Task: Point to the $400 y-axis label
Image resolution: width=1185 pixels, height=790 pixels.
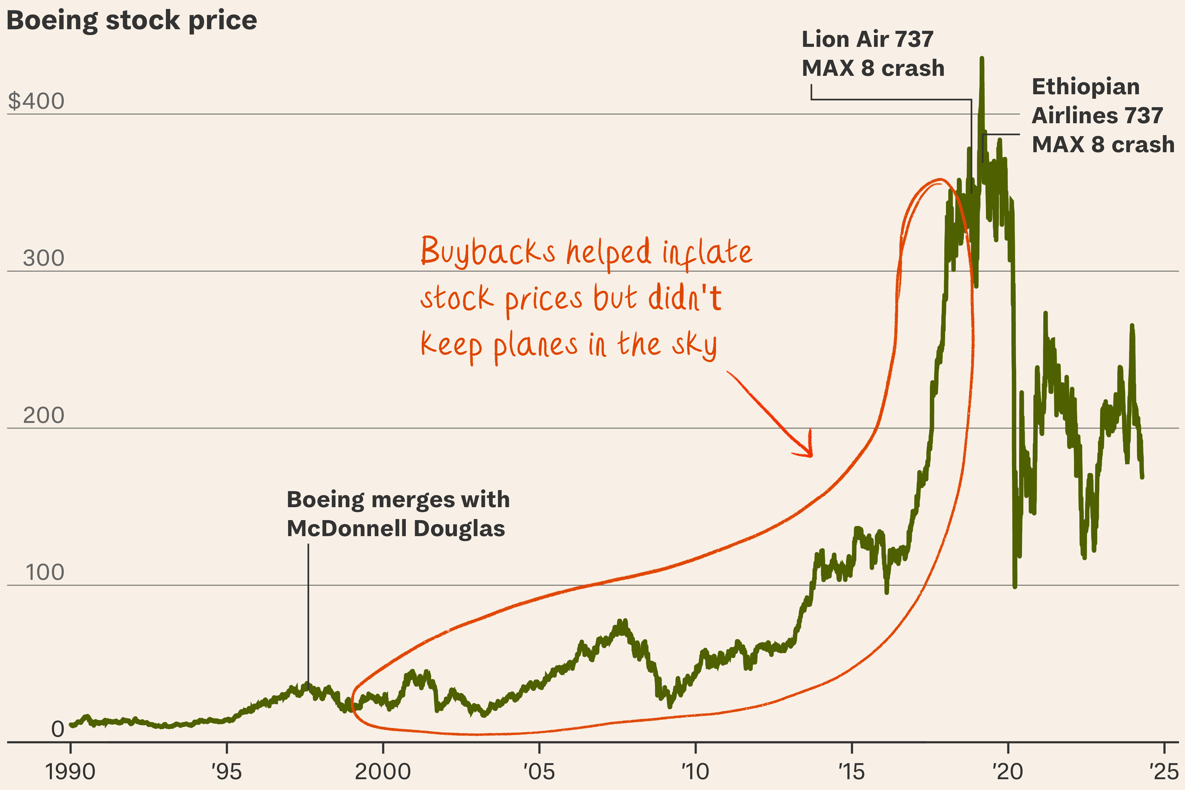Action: click(36, 101)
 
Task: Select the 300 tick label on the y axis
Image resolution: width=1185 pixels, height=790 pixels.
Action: click(43, 259)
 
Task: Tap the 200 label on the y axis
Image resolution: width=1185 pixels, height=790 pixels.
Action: click(43, 416)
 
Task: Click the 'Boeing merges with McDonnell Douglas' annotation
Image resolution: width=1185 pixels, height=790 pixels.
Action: click(398, 514)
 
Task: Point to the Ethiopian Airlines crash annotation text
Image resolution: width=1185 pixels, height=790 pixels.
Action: click(1102, 115)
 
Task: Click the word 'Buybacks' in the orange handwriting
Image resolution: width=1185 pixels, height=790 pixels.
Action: click(488, 251)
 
